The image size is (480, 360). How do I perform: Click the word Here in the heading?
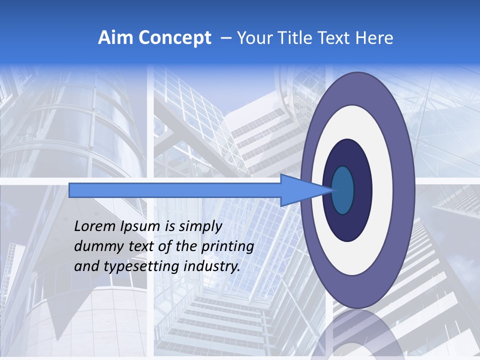pos(373,37)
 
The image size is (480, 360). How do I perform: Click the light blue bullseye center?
pos(343,190)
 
